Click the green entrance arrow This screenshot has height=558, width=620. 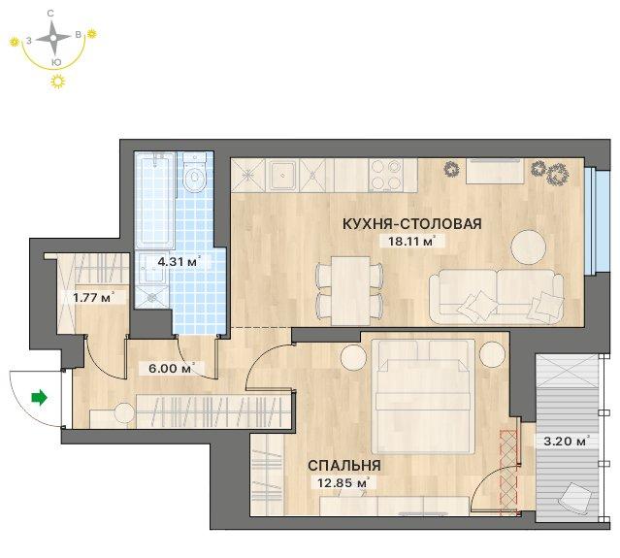tap(40, 398)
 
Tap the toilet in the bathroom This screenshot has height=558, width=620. tap(195, 173)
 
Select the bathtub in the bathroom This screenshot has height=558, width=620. tap(154, 200)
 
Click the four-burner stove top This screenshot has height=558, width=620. tap(385, 176)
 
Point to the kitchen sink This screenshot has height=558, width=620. tap(283, 176)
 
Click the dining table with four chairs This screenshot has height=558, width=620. tap(350, 290)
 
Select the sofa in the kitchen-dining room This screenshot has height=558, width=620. tap(496, 297)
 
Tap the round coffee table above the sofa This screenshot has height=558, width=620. tap(529, 246)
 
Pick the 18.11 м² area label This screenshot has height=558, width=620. tap(411, 241)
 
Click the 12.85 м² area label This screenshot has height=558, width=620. tap(343, 483)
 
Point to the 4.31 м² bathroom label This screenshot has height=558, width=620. tap(179, 261)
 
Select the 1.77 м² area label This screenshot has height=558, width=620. tap(94, 297)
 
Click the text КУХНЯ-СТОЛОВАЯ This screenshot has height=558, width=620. tap(412, 224)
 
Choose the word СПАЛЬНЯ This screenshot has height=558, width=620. tap(344, 466)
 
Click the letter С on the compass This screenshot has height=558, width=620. tap(50, 14)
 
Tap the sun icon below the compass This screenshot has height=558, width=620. tap(58, 82)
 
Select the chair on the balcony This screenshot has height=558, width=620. tap(575, 498)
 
